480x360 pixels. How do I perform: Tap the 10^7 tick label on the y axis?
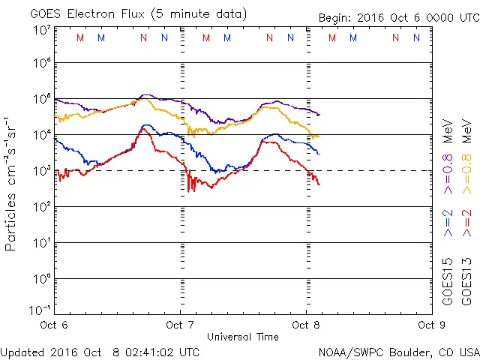coord(42,30)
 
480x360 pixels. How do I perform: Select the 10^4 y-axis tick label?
coord(42,135)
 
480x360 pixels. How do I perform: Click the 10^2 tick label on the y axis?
coord(42,207)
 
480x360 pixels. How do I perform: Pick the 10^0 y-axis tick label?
coord(42,279)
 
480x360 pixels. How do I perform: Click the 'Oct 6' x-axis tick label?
coord(54,325)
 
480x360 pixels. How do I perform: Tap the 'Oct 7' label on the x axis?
coord(180,325)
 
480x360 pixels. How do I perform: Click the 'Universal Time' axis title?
coord(242,337)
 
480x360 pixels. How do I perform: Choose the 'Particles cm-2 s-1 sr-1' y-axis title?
coord(13,183)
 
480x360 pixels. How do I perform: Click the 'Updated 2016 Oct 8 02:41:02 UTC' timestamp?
coord(100,351)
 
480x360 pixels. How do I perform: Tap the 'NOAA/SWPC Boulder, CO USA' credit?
coord(398,351)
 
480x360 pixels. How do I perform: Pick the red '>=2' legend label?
coord(467,223)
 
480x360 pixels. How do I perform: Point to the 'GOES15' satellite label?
coord(448,280)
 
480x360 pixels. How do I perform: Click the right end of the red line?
coord(319,184)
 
